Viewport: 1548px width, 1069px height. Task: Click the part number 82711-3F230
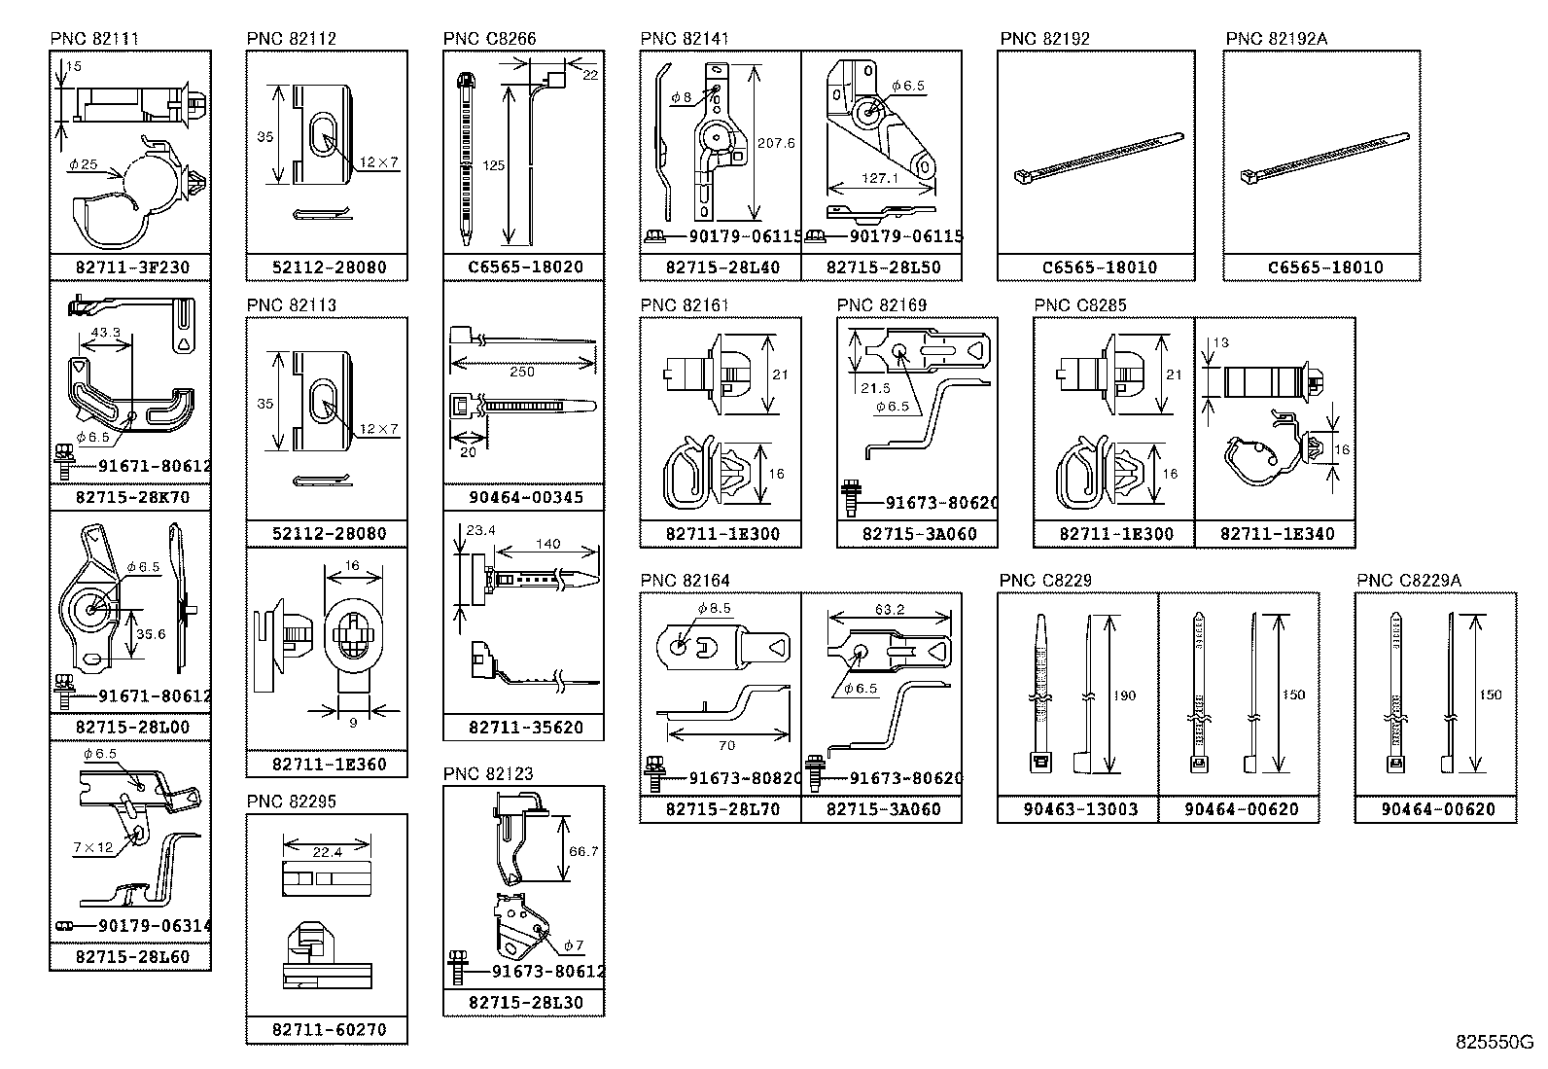coord(131,267)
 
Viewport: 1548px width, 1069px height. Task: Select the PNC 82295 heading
coord(291,802)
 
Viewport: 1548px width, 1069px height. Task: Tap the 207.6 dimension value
coord(776,143)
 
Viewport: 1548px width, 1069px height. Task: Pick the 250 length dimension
coord(522,372)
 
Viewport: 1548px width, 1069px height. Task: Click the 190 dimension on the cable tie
coord(1123,695)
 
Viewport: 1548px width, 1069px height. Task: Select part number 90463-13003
coord(1079,809)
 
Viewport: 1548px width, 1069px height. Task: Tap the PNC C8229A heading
coord(1409,581)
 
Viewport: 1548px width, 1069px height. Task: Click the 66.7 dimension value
coord(582,851)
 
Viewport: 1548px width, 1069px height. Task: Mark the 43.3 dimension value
coord(105,333)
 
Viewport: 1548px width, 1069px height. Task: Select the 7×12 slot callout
coord(91,847)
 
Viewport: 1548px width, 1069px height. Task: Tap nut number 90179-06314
coord(154,926)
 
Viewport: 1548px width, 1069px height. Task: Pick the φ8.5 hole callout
coord(713,609)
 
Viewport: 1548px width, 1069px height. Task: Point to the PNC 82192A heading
coord(1276,39)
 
